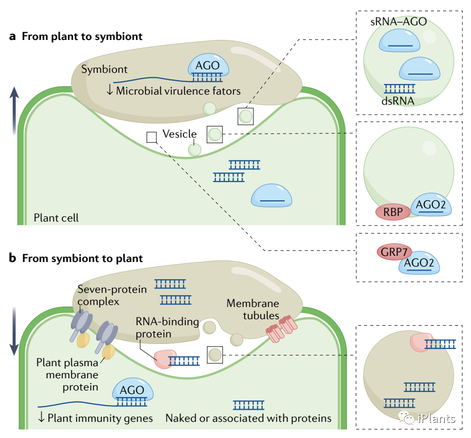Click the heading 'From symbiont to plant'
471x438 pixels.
click(82, 258)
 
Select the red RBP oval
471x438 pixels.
click(392, 212)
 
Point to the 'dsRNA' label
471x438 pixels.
click(399, 101)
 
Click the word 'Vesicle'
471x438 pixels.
click(179, 134)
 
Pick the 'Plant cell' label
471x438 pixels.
click(56, 218)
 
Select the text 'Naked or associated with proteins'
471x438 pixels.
click(248, 418)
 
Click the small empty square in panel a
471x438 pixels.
click(151, 137)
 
